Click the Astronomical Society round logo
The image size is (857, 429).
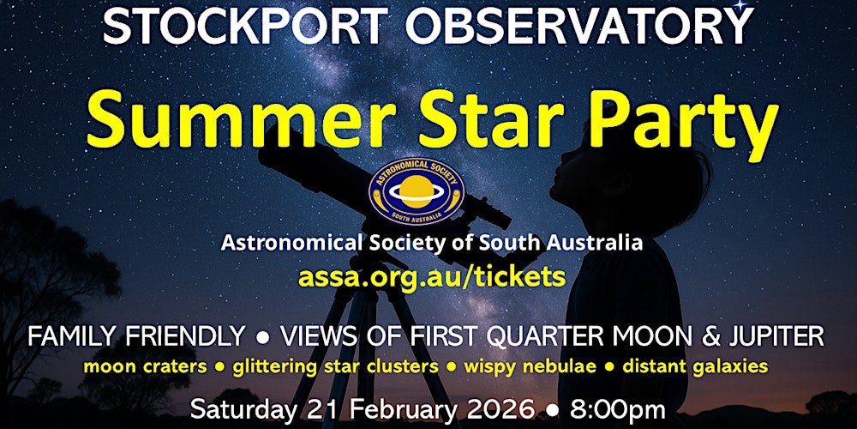pyautogui.click(x=416, y=190)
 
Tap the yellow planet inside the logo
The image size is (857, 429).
pyautogui.click(x=416, y=188)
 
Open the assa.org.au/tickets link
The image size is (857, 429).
pyautogui.click(x=432, y=276)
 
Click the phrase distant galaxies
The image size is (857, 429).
pyautogui.click(x=695, y=366)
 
